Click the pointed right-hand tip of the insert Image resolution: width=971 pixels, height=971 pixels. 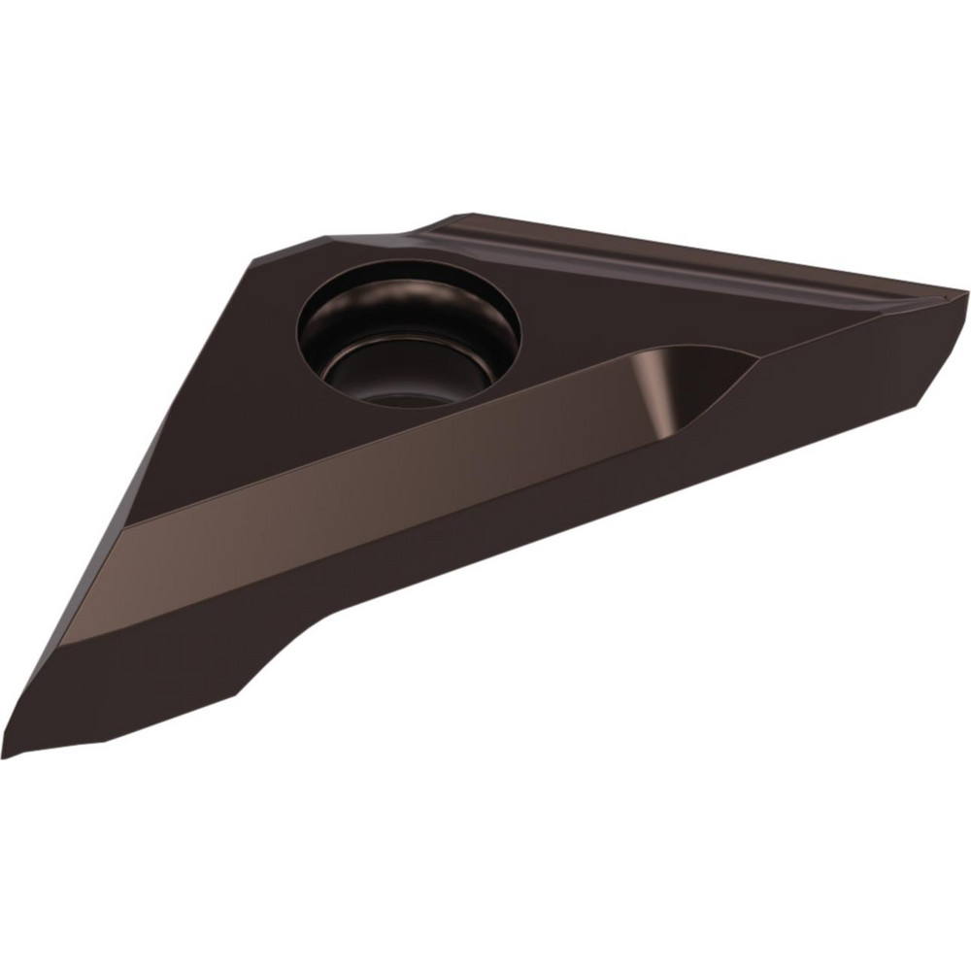[961, 291]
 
